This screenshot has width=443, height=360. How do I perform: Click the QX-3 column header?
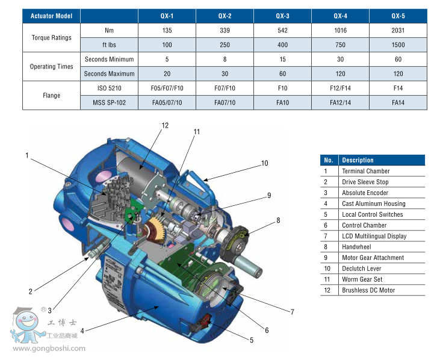(x=282, y=16)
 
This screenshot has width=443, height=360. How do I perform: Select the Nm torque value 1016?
(x=340, y=30)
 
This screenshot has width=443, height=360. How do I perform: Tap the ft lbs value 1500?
(x=398, y=45)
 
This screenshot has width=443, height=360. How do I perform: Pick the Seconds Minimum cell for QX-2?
(x=225, y=59)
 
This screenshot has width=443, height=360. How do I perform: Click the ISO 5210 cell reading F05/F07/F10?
(x=167, y=88)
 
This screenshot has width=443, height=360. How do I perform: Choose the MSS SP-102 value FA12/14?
(x=340, y=102)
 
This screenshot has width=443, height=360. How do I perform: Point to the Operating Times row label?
(x=51, y=66)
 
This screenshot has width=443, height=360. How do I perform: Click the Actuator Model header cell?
(x=51, y=16)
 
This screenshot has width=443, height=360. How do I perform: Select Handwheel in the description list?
(x=356, y=247)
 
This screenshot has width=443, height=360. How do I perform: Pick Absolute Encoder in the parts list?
(x=365, y=193)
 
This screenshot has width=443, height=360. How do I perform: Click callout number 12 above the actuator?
(x=166, y=125)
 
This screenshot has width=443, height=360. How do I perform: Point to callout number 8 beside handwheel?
(x=278, y=220)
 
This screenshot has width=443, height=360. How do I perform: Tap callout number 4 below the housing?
(x=82, y=330)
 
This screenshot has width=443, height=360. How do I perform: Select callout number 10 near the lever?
(x=264, y=163)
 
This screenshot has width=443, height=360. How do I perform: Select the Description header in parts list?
(x=358, y=160)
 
